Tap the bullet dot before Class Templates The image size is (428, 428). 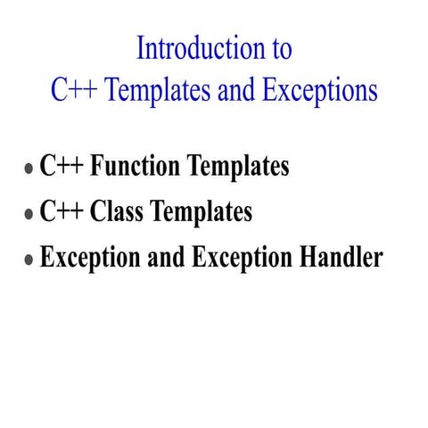29,214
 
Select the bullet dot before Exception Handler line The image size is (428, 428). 29,259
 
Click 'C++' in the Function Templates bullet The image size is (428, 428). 60,167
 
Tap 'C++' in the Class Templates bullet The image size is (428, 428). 60,212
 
